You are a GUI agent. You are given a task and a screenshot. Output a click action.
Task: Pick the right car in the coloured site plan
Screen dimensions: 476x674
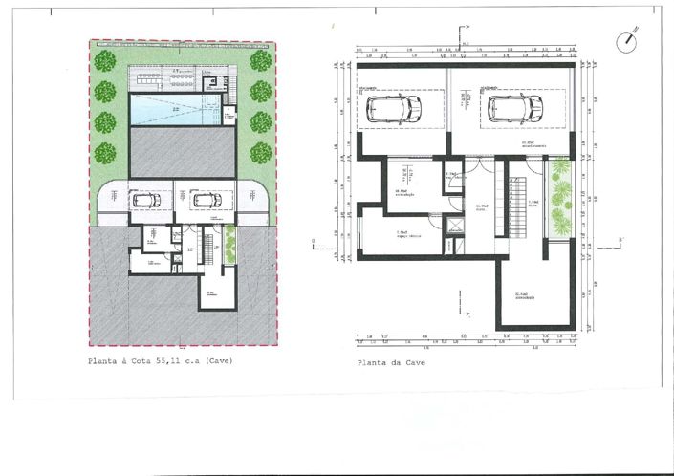(x=206, y=200)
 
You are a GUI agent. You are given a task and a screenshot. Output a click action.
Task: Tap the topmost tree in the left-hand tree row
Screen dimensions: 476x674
(x=105, y=61)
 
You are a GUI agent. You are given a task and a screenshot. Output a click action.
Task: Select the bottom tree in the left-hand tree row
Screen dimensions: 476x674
(x=105, y=153)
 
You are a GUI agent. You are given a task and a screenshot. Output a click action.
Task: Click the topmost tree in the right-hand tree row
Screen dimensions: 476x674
(x=260, y=61)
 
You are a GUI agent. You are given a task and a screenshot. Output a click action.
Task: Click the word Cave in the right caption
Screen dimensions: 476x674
(x=413, y=363)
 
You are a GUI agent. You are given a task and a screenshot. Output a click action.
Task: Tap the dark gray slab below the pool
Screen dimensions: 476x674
(x=182, y=153)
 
